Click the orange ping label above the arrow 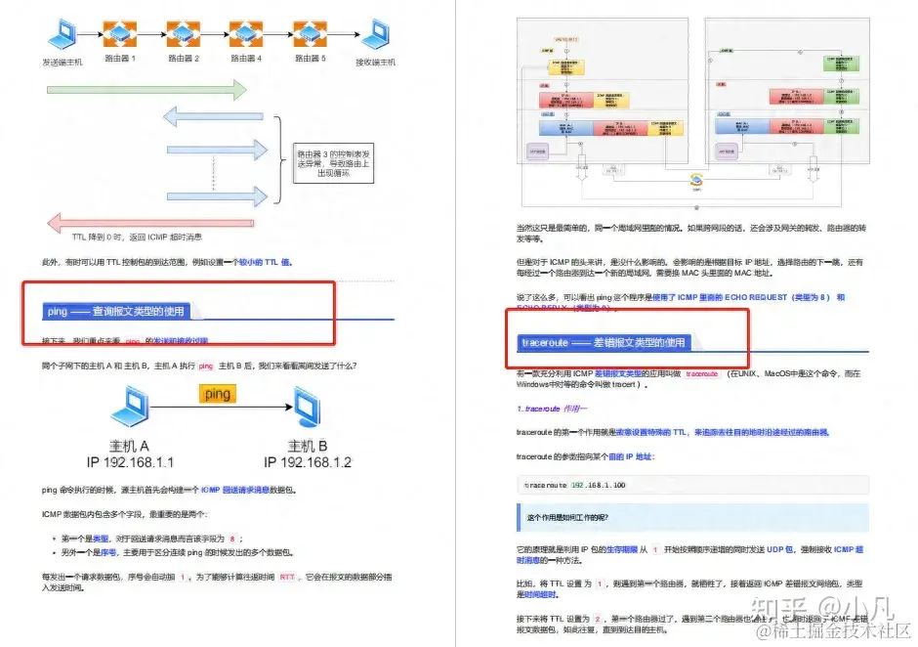(217, 394)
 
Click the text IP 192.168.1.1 (130, 461)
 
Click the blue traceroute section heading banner (604, 343)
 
